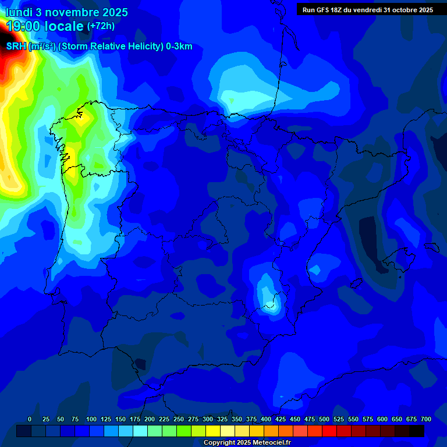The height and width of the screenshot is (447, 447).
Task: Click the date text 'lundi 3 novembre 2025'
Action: (67, 12)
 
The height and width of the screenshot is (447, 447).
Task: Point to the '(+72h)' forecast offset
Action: (101, 26)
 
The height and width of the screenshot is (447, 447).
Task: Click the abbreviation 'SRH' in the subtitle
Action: (16, 47)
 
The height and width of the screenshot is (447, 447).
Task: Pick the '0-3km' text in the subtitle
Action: (179, 47)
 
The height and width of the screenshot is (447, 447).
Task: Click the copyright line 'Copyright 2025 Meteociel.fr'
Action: (246, 442)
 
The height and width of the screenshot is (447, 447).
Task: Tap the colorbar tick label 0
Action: (30, 419)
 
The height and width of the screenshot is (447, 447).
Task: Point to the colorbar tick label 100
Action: (91, 419)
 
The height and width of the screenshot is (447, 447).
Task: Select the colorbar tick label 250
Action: (179, 419)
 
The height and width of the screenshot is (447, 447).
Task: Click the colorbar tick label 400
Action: (266, 419)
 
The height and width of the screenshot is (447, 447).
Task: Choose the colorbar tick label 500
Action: (324, 419)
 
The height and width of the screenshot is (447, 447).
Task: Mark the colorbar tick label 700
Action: (426, 419)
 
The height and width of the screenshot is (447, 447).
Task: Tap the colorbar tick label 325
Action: (222, 419)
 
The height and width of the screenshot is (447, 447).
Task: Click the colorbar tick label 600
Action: (382, 419)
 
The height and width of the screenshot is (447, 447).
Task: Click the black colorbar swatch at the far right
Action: (417, 431)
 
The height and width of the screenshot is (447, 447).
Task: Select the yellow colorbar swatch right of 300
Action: (213, 431)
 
